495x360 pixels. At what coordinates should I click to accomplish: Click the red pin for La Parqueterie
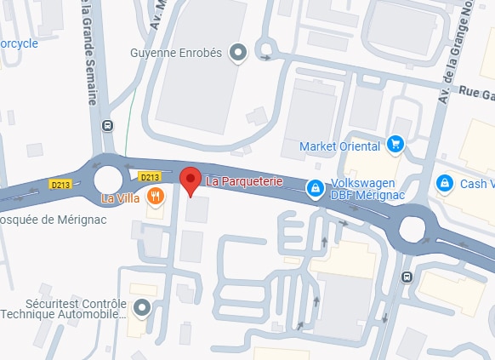(x=191, y=180)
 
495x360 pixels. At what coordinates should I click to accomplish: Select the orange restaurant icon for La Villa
(x=154, y=197)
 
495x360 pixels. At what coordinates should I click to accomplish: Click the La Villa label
(x=120, y=197)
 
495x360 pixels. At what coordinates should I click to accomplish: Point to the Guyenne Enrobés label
(x=175, y=53)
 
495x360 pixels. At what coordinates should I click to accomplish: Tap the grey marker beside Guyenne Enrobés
(x=239, y=53)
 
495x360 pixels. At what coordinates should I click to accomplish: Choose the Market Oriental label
(x=339, y=146)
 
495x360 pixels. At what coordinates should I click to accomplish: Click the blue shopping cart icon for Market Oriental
(x=394, y=146)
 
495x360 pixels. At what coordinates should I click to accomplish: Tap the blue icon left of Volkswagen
(x=315, y=187)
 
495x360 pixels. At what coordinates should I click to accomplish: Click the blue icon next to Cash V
(x=443, y=183)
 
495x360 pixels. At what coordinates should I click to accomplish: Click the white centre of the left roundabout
(x=109, y=179)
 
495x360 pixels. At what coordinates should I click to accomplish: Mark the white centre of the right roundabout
(x=412, y=228)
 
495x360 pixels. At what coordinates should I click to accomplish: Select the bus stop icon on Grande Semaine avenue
(x=107, y=125)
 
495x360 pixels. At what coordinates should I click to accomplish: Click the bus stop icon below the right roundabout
(x=407, y=277)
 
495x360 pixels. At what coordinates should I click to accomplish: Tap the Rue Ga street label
(x=475, y=94)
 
